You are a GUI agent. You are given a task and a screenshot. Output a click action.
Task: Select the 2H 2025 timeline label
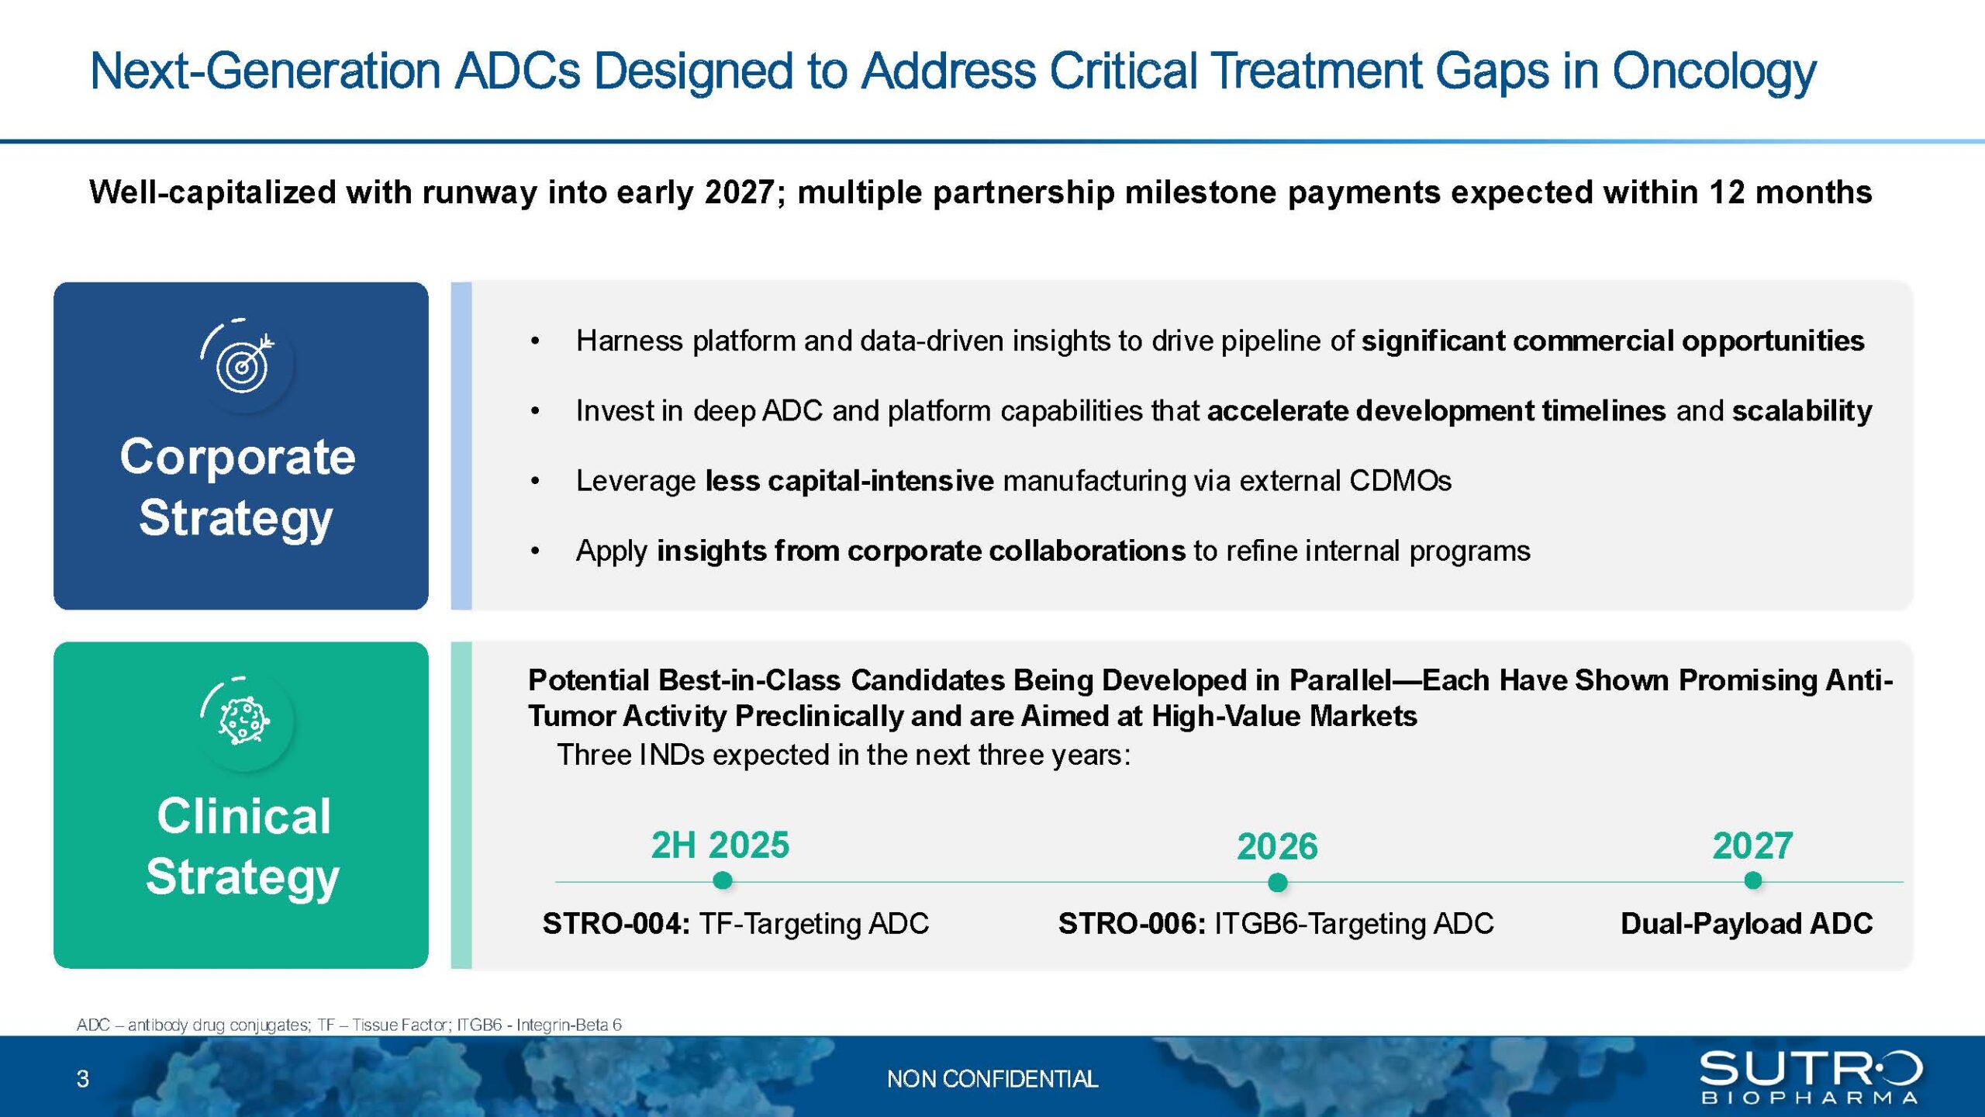tap(720, 845)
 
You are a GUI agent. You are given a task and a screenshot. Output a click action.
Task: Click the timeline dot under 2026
tap(1277, 882)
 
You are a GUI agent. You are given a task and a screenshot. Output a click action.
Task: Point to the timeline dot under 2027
tap(1752, 880)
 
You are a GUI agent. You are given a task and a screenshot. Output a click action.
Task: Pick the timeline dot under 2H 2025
tap(722, 880)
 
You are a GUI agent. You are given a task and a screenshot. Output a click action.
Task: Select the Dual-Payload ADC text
tap(1746, 923)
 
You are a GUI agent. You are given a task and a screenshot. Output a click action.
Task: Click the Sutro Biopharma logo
tap(1811, 1077)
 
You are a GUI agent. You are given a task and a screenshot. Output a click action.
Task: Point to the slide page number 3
tap(83, 1078)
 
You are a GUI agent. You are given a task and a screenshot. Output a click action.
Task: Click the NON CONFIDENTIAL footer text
tap(992, 1078)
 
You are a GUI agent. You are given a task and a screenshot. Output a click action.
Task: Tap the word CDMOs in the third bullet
tap(1400, 481)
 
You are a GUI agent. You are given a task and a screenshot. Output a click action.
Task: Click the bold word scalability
tap(1802, 411)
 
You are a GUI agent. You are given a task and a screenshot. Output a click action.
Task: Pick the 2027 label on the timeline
tap(1752, 846)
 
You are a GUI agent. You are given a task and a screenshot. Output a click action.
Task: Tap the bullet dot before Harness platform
tap(535, 341)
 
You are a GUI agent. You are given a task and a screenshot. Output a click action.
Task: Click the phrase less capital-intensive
tap(850, 481)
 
